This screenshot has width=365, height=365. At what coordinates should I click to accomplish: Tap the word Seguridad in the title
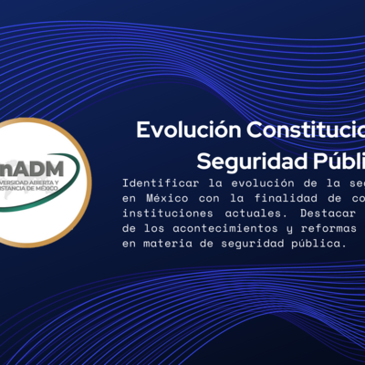tap(252, 161)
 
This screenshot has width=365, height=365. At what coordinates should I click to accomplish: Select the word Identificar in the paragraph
tap(158, 182)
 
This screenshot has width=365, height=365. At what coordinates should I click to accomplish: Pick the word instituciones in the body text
tap(165, 214)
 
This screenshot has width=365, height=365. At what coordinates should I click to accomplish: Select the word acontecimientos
tap(213, 229)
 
